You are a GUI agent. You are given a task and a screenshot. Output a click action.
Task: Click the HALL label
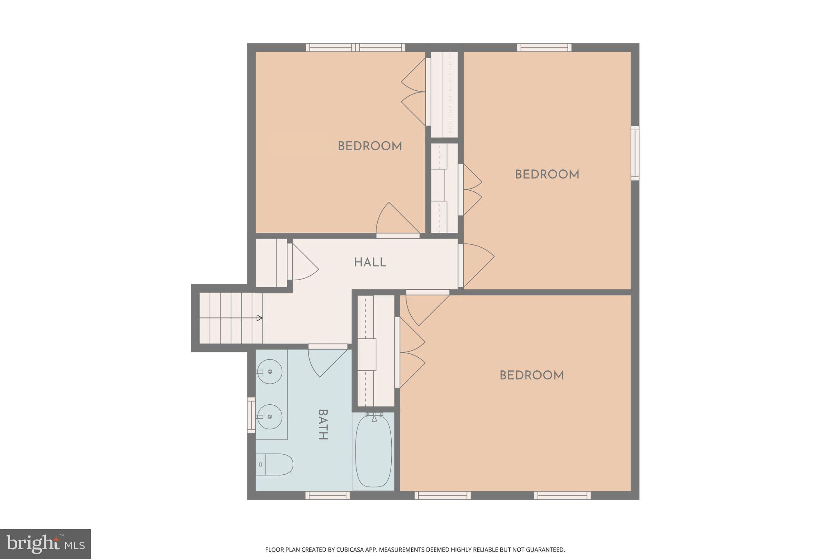[370, 262]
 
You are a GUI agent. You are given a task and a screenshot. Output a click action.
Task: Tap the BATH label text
[323, 424]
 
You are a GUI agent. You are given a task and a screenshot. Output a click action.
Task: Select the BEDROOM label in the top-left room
[370, 146]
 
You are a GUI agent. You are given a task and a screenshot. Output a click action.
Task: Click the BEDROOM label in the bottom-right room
[531, 375]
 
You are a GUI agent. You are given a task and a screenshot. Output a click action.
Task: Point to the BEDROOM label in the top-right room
[547, 175]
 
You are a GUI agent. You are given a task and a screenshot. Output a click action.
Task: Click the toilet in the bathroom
[274, 464]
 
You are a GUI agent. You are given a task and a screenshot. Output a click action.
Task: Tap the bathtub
[373, 451]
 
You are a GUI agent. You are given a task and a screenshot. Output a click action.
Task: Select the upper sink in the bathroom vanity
[270, 372]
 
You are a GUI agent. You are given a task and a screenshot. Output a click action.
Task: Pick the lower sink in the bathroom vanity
[270, 417]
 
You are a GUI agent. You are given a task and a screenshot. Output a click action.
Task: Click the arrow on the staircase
[259, 318]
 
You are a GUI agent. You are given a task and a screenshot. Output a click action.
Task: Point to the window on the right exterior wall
[635, 153]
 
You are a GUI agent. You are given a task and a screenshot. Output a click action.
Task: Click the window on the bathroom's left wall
[251, 415]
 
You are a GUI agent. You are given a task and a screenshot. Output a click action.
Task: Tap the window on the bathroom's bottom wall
[327, 495]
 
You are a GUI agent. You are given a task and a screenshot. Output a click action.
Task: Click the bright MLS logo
[45, 544]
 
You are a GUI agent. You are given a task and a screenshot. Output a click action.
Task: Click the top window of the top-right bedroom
[544, 47]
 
